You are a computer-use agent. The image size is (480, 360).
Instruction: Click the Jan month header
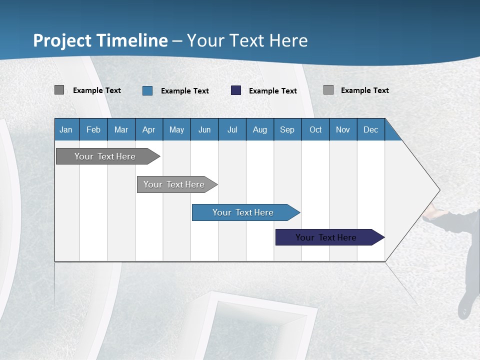[x=66, y=129]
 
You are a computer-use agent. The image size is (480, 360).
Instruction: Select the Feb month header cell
[x=93, y=129]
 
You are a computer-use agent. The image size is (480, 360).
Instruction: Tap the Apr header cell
[x=148, y=129]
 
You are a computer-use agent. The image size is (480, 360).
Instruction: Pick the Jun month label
[x=204, y=129]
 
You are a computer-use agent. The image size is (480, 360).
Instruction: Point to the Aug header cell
[x=259, y=129]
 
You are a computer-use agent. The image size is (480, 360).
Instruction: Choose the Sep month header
[x=287, y=129]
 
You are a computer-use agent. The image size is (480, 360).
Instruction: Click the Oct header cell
[x=315, y=129]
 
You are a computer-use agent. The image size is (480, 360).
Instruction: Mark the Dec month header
[x=370, y=129]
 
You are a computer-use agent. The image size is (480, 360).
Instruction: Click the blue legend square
[x=147, y=90]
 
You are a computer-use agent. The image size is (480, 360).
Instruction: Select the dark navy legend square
[x=236, y=90]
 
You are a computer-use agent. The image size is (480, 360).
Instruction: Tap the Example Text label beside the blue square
[x=184, y=91]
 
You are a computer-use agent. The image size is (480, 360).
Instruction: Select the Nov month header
[x=343, y=129]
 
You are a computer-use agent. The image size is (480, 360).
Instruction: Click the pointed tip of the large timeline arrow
[x=438, y=190]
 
